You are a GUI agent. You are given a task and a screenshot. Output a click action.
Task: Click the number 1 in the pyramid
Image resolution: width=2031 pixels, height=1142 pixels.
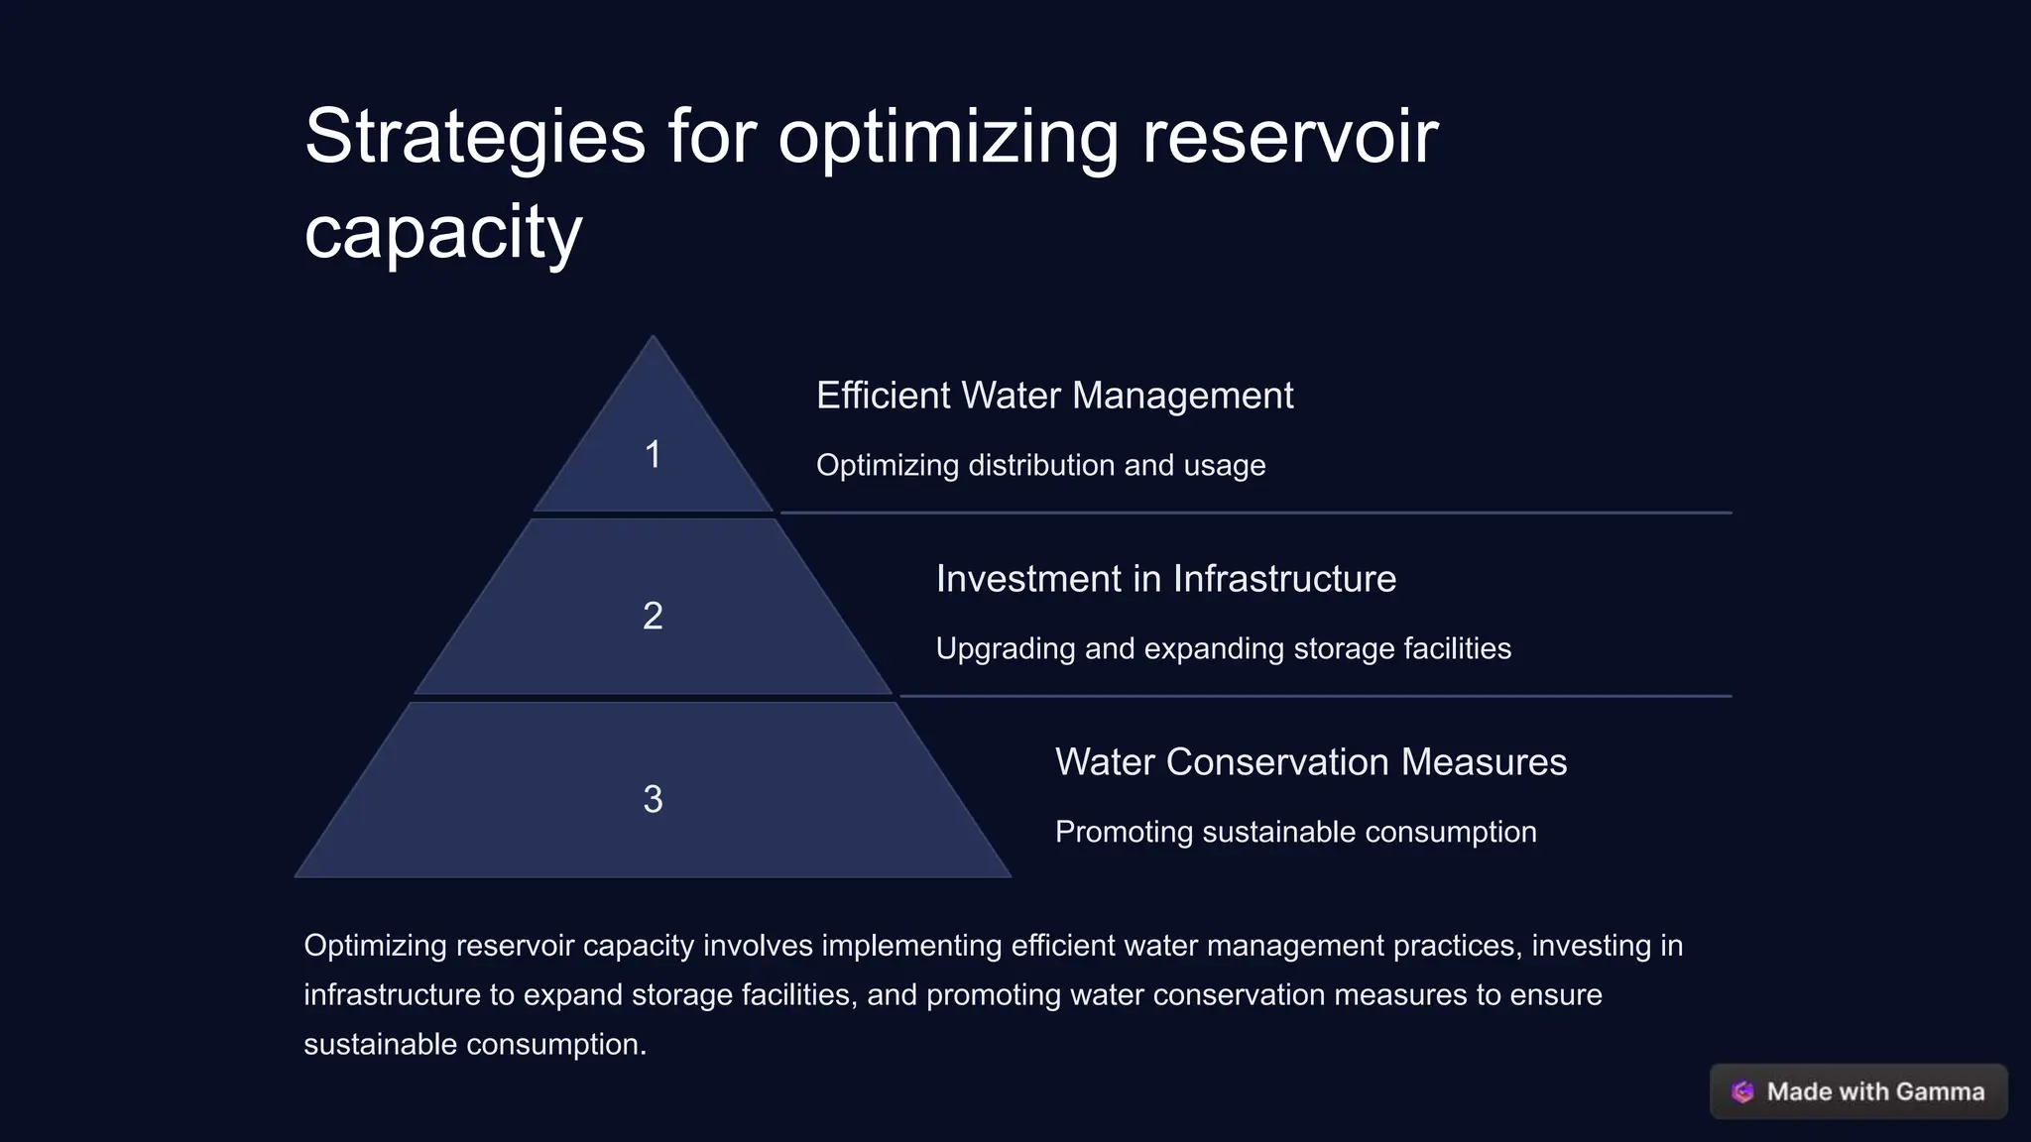point(653,455)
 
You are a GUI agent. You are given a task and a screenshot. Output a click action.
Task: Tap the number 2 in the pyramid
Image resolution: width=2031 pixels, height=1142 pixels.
point(653,617)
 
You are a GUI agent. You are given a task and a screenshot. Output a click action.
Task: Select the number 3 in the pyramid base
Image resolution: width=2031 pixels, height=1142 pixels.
point(653,799)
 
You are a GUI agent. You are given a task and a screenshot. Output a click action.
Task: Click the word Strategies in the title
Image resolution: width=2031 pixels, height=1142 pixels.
point(474,137)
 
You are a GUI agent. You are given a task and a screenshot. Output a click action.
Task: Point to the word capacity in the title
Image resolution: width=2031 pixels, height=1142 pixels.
point(442,232)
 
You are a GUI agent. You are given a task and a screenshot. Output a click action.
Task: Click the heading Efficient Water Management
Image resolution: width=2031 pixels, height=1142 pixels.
point(1054,396)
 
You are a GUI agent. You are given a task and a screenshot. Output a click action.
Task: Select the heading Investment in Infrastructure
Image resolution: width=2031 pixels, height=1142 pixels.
point(1165,579)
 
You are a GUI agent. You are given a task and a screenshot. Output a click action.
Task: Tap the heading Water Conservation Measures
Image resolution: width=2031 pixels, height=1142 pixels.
point(1310,762)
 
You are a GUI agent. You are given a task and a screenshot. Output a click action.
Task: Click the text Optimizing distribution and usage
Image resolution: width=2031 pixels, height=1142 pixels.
point(1040,465)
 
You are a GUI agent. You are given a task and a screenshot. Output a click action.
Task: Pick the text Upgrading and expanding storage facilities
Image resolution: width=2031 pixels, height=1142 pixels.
point(1223,648)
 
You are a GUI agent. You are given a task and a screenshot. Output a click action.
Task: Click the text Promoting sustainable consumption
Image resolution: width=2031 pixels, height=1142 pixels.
point(1295,832)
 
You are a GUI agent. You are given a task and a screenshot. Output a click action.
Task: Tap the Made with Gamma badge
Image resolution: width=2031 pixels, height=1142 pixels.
point(1858,1091)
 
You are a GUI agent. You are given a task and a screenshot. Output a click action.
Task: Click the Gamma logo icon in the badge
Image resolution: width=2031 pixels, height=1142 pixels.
point(1742,1091)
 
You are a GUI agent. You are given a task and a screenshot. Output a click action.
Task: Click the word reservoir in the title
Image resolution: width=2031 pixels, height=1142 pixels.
point(1289,137)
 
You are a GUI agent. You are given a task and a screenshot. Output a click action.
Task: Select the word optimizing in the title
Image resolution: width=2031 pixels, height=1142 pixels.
point(948,137)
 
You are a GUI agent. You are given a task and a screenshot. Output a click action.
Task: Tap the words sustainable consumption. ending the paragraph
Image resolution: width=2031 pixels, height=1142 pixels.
point(474,1045)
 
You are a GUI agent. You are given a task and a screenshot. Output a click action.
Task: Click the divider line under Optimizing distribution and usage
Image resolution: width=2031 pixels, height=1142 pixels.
point(1255,513)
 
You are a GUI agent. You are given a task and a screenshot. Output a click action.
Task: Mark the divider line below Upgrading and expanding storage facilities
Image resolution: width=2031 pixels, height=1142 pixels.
point(1315,696)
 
